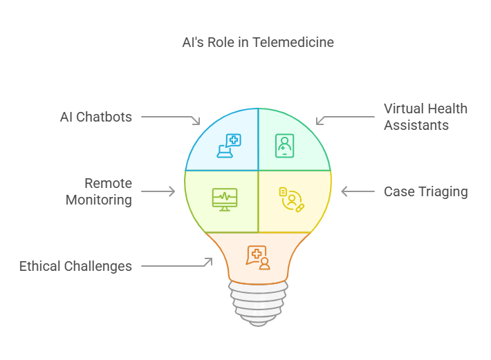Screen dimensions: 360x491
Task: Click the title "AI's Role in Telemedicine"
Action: tap(257, 43)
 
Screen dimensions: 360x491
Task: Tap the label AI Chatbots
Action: tap(95, 117)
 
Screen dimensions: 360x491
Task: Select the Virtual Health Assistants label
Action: tap(425, 117)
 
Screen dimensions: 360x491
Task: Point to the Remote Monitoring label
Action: tap(98, 191)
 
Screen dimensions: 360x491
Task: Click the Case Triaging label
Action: tap(425, 191)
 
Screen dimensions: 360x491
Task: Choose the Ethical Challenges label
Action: tap(75, 266)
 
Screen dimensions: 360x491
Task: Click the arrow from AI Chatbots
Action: tap(172, 119)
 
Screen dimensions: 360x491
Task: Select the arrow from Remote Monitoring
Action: tap(158, 191)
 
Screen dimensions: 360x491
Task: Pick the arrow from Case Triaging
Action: tap(358, 191)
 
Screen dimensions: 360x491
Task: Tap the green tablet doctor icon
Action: tap(284, 146)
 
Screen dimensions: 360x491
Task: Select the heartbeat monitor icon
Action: tap(224, 199)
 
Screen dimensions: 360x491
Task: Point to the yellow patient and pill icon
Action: tap(291, 199)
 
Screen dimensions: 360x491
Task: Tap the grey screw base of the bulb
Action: tap(258, 304)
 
